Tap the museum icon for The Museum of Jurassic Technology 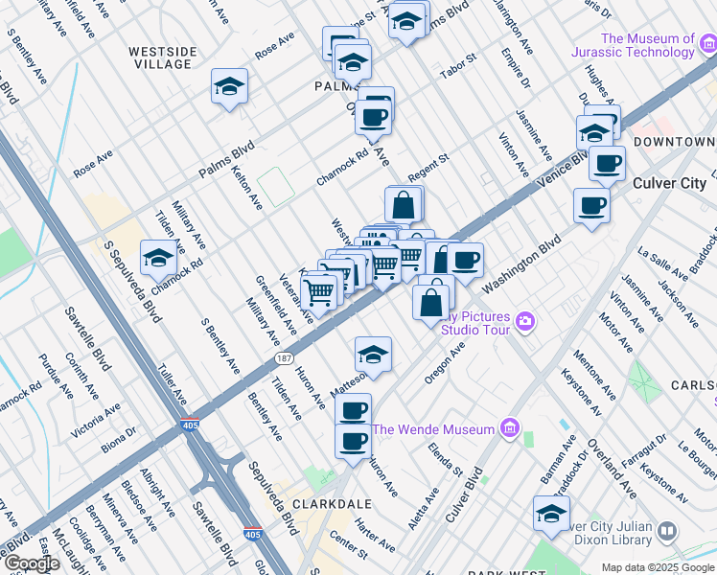(x=705, y=43)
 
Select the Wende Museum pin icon (x=509, y=428)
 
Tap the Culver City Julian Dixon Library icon (x=668, y=531)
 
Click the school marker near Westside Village (x=229, y=87)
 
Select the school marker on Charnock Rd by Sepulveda (x=158, y=257)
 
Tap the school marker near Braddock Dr (x=551, y=514)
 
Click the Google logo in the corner (x=31, y=564)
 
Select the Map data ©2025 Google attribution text (x=657, y=567)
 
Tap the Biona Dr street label (x=117, y=437)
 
